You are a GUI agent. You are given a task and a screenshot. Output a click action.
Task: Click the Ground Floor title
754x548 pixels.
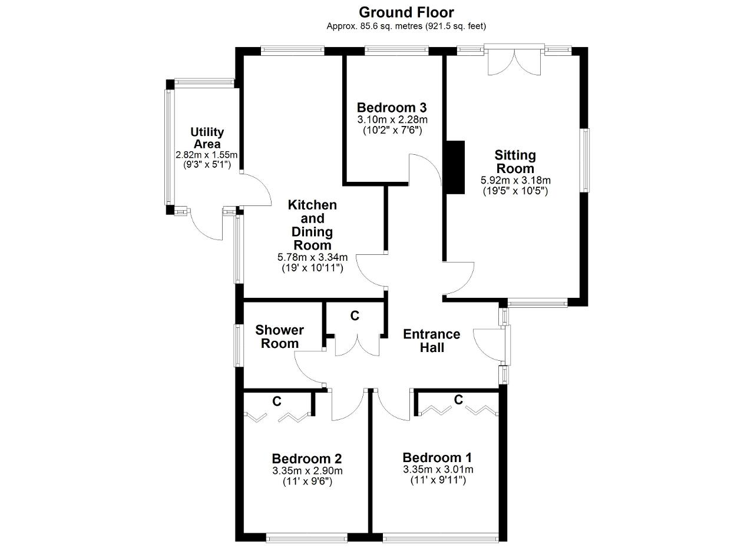pos(406,12)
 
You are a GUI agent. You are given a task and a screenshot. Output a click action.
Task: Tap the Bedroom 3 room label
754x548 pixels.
pos(392,108)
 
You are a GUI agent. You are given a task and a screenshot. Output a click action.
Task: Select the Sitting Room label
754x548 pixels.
pos(515,162)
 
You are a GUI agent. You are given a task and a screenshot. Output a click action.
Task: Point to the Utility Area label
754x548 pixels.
pos(207,138)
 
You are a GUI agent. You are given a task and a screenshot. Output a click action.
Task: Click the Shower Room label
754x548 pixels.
pos(279,337)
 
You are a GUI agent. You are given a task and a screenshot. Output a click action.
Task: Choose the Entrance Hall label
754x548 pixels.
pos(432,341)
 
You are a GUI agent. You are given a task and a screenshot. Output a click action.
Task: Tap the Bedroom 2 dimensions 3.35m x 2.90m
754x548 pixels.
pos(307,471)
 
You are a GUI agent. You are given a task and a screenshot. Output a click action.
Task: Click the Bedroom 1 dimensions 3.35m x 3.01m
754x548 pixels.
pos(438,469)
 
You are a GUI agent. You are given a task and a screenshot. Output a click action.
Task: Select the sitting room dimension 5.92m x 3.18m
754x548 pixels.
pos(515,180)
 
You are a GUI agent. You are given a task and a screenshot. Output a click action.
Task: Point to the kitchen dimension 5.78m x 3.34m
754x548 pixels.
pos(312,257)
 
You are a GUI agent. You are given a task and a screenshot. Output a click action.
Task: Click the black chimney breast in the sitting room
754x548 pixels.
pos(455,167)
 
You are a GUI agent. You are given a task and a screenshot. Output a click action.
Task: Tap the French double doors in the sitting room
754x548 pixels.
pos(514,61)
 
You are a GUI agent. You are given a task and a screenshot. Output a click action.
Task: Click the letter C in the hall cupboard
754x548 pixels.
pos(355,315)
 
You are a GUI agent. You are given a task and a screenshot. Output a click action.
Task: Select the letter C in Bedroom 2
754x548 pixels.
pos(277,401)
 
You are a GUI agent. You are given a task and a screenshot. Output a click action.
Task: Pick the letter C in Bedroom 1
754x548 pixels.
pos(458,400)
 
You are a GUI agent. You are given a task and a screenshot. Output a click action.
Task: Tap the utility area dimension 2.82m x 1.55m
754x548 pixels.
pos(207,155)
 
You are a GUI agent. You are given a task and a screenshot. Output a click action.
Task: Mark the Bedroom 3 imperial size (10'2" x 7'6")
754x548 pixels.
pos(392,131)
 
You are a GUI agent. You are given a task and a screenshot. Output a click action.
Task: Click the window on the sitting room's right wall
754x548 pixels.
pos(586,161)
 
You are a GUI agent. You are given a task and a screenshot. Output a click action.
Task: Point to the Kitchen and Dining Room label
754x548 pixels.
pos(312,225)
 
